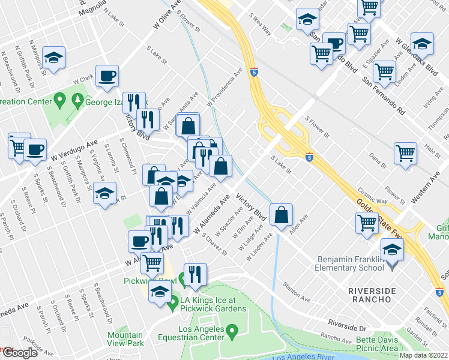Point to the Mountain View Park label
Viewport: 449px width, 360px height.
(x=125, y=340)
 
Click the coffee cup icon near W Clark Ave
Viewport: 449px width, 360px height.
(x=107, y=76)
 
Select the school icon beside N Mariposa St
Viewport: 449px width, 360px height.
(x=53, y=58)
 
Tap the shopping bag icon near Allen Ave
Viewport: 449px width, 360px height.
(x=281, y=214)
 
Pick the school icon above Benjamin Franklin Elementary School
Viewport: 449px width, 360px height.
(x=392, y=249)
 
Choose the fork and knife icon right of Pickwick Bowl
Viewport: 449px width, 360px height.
(x=195, y=275)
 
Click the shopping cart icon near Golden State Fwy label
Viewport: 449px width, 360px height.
(x=367, y=223)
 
